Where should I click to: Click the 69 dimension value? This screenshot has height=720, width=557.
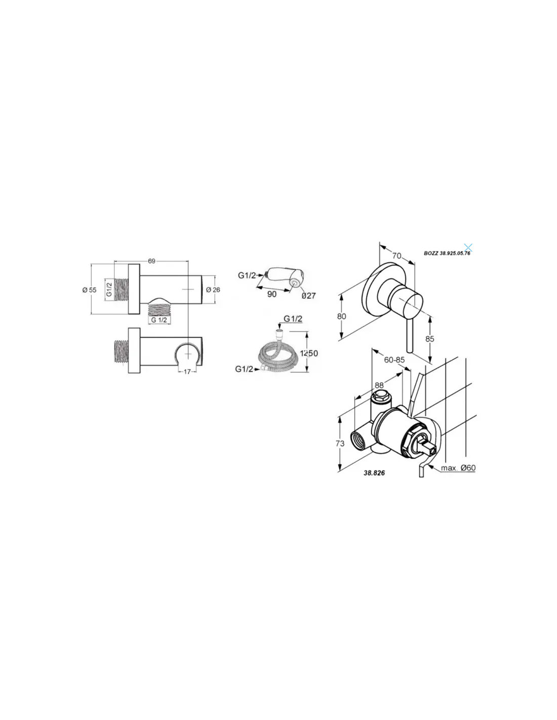point(151,261)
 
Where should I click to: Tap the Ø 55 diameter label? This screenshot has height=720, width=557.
point(90,290)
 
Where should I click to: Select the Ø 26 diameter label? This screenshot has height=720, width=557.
point(213,290)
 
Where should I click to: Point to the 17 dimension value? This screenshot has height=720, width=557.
point(187,372)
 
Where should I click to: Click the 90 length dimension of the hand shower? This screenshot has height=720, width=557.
point(272,294)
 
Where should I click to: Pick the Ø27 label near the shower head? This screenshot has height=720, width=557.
point(309,295)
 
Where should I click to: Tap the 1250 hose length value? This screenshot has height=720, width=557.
point(309,353)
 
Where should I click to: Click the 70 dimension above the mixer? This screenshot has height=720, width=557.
point(396,256)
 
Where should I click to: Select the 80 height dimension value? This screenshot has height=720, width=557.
point(342,316)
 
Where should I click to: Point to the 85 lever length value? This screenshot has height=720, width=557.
point(430,339)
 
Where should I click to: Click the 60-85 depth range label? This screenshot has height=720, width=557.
point(394,360)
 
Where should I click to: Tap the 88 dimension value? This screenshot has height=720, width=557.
point(379,385)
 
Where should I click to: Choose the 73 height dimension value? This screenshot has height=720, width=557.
point(340,444)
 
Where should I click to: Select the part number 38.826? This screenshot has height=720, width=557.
point(374,473)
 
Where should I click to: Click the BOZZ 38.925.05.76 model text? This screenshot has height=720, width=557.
point(447,254)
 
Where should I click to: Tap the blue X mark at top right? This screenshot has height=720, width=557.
point(468,247)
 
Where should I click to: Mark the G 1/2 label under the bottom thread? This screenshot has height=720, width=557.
point(159,320)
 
